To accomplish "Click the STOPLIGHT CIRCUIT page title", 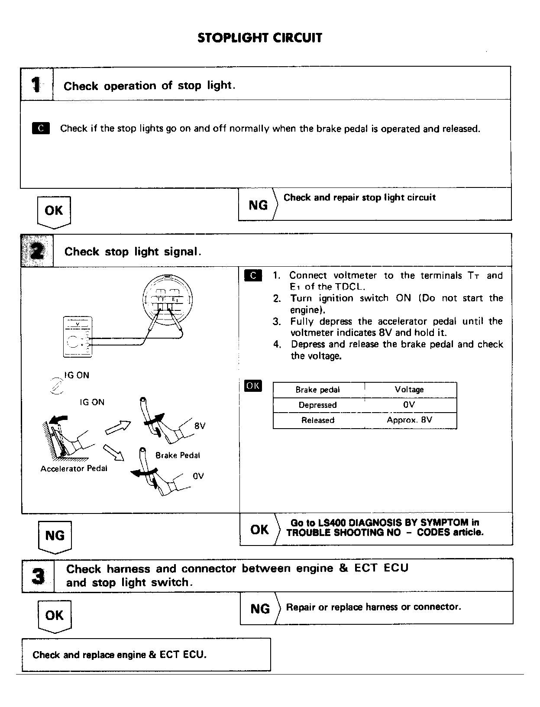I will pos(260,38).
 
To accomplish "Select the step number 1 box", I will pos(37,84).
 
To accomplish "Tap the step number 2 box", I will pos(37,251).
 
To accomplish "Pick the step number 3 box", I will pos(38,576).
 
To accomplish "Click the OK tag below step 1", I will pos(54,211).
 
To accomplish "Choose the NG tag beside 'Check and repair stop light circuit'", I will pos(258,205).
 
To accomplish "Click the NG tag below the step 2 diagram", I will pos(55,536).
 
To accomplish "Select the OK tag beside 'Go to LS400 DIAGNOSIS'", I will pos(259,529).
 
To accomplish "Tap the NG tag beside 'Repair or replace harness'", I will pos(260,609).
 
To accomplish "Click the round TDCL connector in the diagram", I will pos(168,299).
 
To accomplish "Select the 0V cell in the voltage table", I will pos(409,405).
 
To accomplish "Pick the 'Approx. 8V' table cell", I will pos(409,420).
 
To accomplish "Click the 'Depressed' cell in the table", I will pos(317,405).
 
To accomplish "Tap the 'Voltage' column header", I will pos(409,390).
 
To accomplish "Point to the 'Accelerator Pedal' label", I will pos(74,468).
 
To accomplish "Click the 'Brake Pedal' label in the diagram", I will pos(178,455).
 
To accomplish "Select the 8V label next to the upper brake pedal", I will pos(200,426).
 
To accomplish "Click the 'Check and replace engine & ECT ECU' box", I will pos(146,655).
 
